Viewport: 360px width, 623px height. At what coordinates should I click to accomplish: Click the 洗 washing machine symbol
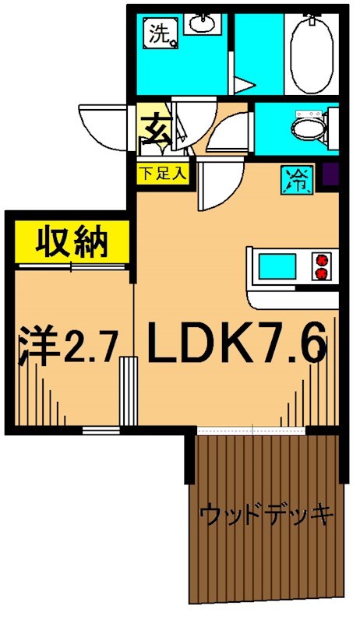pyautogui.click(x=162, y=33)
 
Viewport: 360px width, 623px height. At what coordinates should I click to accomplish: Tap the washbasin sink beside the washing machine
pyautogui.click(x=205, y=26)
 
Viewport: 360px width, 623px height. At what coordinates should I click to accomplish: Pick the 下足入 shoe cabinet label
pyautogui.click(x=163, y=173)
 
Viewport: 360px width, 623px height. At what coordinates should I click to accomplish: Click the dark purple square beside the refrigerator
pyautogui.click(x=330, y=178)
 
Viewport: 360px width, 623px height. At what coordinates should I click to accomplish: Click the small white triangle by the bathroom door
pyautogui.click(x=245, y=85)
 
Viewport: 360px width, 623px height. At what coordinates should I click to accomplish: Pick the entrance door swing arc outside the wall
pyautogui.click(x=105, y=128)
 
